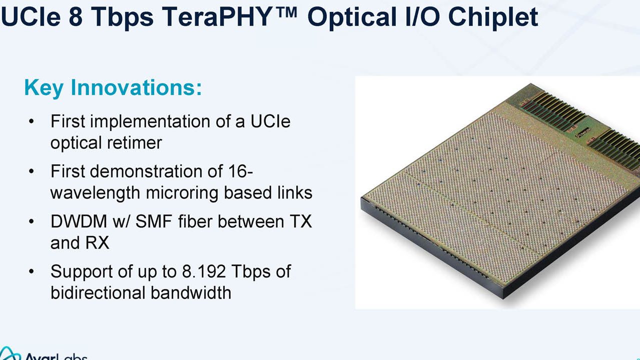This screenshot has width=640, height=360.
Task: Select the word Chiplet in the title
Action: click(493, 17)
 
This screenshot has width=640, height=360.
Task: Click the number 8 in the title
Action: click(76, 17)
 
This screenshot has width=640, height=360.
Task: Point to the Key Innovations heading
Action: click(113, 88)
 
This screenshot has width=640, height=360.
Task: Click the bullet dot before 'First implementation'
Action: click(32, 121)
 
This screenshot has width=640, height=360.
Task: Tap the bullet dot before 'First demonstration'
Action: click(32, 171)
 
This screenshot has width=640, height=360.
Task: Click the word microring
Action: click(182, 193)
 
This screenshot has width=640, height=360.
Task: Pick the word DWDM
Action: click(79, 221)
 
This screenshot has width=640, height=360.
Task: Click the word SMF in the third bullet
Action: click(154, 221)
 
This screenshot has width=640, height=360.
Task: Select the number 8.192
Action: click(204, 271)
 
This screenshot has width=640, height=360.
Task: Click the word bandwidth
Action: click(191, 292)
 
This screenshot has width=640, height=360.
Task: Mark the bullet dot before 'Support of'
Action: click(32, 271)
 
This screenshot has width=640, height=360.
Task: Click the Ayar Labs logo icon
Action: click(10, 353)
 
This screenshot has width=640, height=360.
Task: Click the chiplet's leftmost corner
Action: click(361, 198)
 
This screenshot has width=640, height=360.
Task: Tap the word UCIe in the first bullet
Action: click(271, 121)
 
